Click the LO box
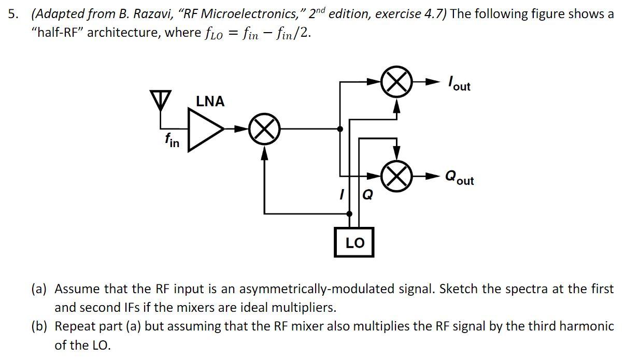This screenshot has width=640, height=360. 354,242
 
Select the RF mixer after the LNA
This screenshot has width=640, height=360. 265,129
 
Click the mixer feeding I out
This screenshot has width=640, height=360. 396,82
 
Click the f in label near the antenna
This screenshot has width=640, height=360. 172,140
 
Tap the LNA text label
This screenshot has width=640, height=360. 210,102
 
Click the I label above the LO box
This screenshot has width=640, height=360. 342,195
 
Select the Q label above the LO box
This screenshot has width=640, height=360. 367,195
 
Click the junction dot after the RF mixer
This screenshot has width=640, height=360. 339,129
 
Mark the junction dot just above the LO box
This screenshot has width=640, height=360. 349,213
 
